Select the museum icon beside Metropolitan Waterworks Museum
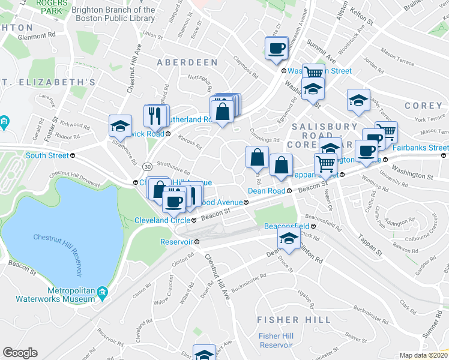click(102, 292)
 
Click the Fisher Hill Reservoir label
click(276, 340)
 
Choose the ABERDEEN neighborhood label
click(187, 62)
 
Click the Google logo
click(20, 353)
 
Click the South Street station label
click(47, 155)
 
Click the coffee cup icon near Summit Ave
click(277, 48)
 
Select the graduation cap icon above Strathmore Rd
click(121, 126)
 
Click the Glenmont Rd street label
click(36, 35)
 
